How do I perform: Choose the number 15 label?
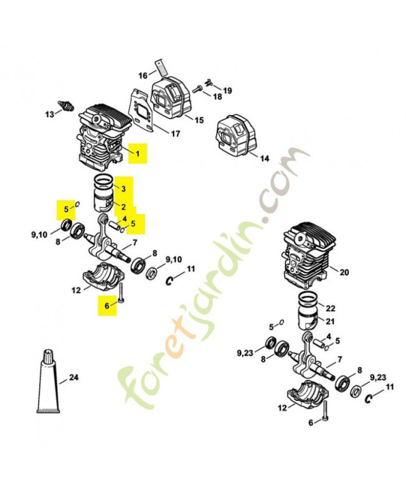coord(199,120)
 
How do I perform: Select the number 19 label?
coord(227,90)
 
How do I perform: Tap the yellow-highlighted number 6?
coord(106,306)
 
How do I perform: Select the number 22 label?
coord(331,308)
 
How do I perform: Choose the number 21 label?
coord(331,321)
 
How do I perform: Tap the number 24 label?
coord(74,377)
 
